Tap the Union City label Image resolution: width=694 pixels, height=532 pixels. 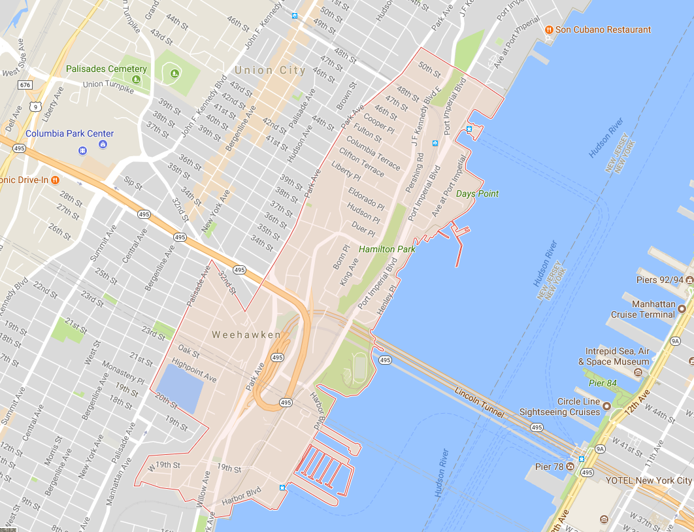(270, 70)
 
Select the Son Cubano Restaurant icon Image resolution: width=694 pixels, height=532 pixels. (549, 29)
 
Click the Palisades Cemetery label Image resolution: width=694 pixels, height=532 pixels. (107, 69)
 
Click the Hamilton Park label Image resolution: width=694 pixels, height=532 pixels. (387, 249)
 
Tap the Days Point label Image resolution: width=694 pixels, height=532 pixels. (477, 193)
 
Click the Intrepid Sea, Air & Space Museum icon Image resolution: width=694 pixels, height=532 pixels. (638, 372)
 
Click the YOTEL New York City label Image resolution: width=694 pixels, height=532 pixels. (648, 480)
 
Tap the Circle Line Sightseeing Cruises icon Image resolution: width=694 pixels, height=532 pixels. (606, 406)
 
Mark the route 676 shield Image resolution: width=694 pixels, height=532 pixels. (25, 85)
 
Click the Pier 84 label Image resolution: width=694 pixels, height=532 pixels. (603, 382)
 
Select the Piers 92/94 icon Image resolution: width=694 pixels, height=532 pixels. (689, 280)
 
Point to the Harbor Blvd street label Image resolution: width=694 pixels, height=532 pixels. (241, 496)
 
